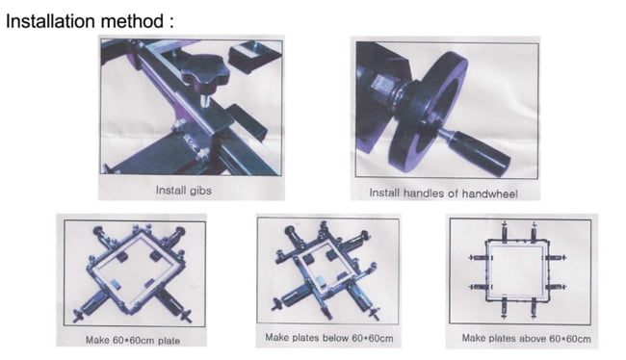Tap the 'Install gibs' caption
pyautogui.click(x=183, y=191)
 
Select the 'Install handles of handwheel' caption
pyautogui.click(x=443, y=193)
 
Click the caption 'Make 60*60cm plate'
pyautogui.click(x=133, y=341)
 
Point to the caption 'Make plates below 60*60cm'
pyautogui.click(x=329, y=338)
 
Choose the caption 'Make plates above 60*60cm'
pyautogui.click(x=526, y=339)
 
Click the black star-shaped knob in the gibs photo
pyautogui.click(x=205, y=72)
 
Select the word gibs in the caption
pyautogui.click(x=200, y=191)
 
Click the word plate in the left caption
pyautogui.click(x=169, y=341)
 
